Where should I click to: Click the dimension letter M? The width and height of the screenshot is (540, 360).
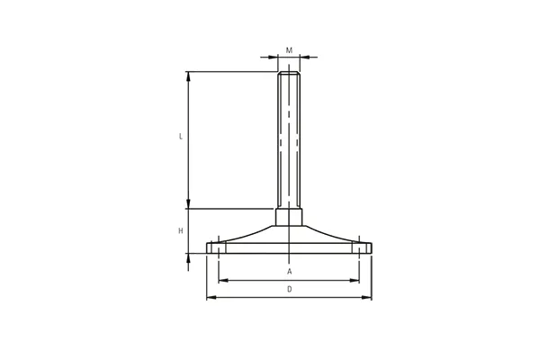[289, 50]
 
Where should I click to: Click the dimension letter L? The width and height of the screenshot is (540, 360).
[181, 137]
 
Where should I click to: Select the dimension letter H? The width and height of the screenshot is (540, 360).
[181, 230]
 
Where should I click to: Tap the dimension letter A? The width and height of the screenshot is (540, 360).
[290, 272]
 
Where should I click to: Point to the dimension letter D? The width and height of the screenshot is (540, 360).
[290, 290]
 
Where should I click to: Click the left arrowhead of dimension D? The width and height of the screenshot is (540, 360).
[211, 297]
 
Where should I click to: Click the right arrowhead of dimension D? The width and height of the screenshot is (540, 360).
[367, 297]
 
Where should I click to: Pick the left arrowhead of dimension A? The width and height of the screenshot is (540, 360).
[223, 281]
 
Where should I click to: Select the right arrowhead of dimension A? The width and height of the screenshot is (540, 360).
[355, 281]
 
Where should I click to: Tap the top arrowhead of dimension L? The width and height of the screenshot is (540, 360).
[188, 76]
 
